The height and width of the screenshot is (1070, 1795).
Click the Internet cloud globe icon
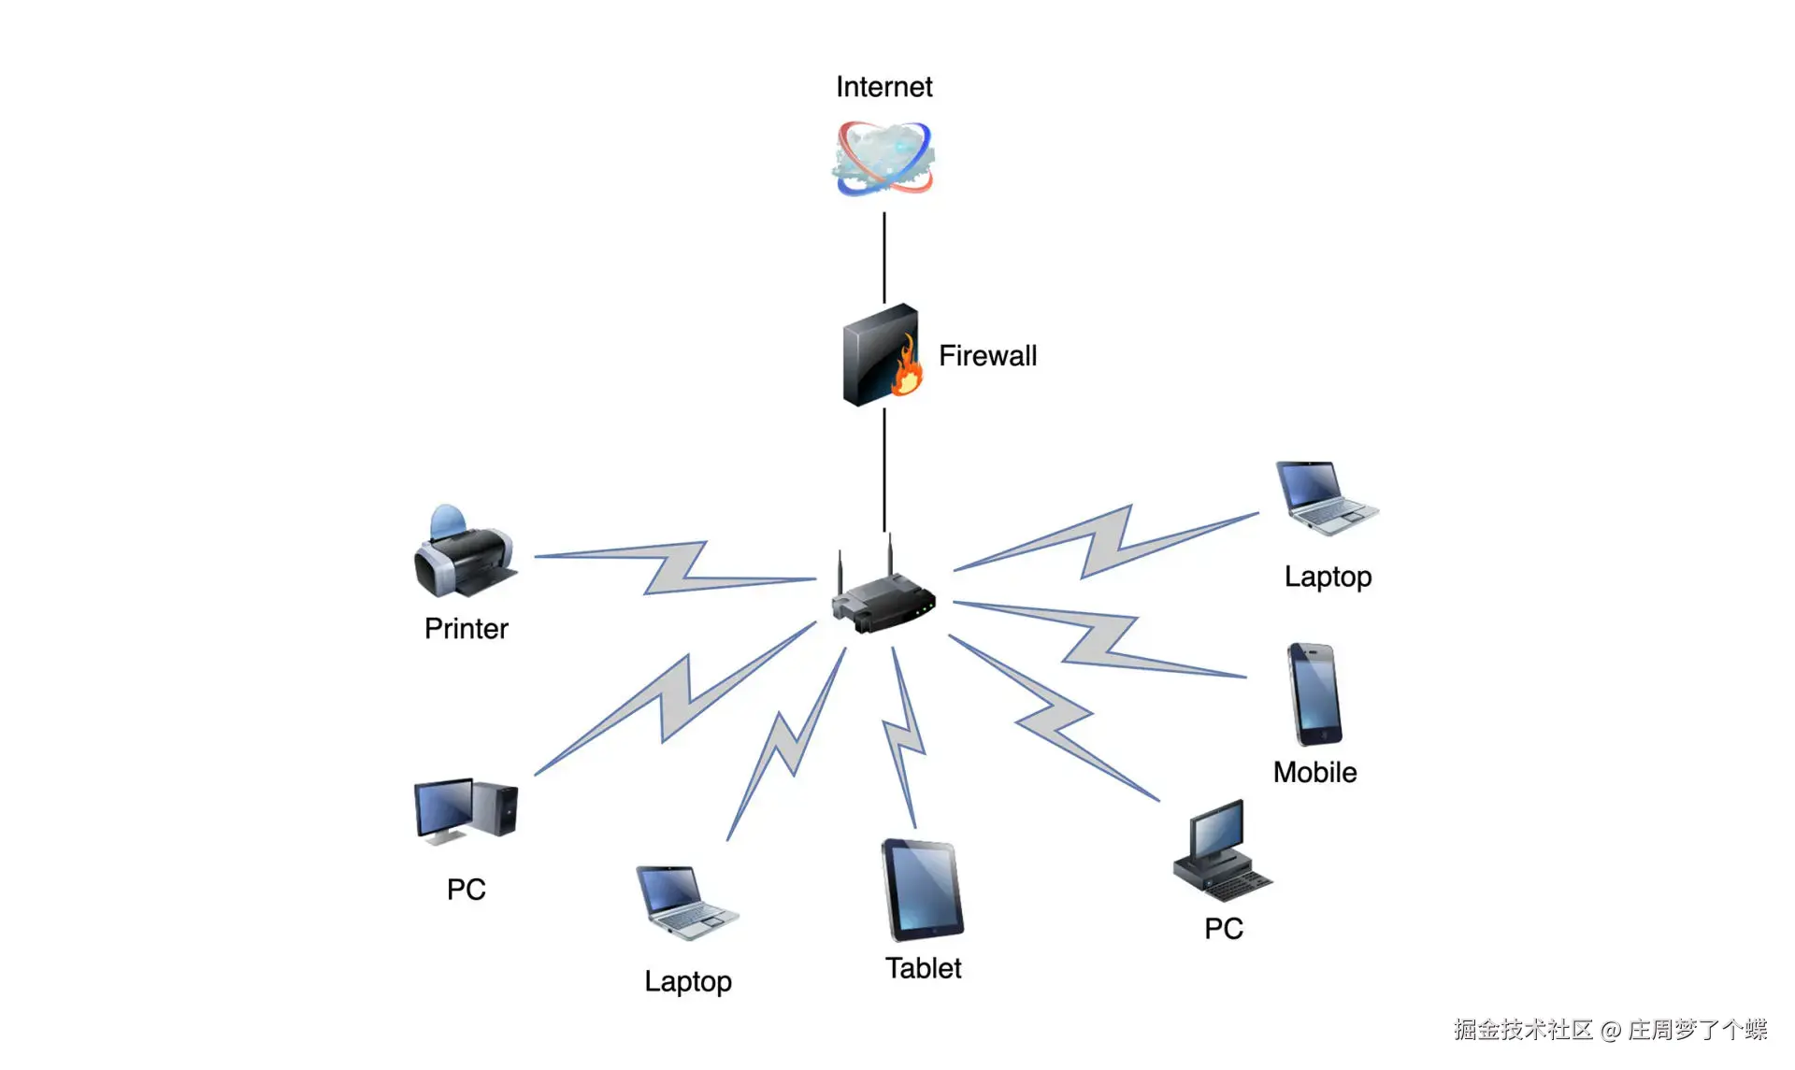[883, 159]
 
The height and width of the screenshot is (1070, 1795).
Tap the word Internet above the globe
[883, 87]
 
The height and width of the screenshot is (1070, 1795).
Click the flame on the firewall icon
[906, 370]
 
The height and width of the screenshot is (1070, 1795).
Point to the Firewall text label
[987, 356]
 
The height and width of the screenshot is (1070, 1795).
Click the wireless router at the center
[883, 598]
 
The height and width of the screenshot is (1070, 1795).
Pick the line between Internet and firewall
[883, 257]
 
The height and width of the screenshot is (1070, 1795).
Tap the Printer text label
[466, 629]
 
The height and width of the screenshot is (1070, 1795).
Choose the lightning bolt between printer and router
[675, 567]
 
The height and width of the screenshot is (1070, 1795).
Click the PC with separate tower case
[466, 810]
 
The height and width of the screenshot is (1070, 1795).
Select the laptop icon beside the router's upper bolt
[1325, 498]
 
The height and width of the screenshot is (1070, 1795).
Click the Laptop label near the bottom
[687, 981]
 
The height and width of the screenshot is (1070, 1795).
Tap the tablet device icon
[922, 890]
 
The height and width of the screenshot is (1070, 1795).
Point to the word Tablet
[923, 968]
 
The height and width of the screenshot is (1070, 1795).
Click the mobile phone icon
[1314, 694]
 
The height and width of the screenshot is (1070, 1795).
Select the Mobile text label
[1314, 773]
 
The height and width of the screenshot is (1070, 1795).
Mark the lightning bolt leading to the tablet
[903, 738]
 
